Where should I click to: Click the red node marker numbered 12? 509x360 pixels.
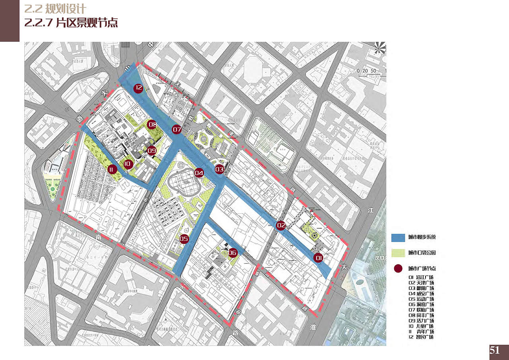(138, 88)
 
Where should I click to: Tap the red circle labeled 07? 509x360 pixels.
(177, 130)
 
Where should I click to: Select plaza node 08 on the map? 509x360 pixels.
(152, 125)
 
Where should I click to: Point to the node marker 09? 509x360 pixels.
(152, 151)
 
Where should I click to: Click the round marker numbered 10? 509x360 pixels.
(127, 163)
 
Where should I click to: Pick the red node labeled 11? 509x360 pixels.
(111, 170)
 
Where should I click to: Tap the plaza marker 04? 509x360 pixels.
(199, 173)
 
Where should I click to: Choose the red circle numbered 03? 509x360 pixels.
(220, 169)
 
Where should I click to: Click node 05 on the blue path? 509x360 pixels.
(184, 239)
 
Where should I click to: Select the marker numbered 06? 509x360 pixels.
(233, 253)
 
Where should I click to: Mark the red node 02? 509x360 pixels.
(281, 226)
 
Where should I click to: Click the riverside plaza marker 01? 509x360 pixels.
(318, 258)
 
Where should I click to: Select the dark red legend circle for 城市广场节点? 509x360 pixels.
(398, 269)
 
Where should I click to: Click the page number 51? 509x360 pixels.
(495, 350)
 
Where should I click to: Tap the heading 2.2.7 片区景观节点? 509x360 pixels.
(71, 22)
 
